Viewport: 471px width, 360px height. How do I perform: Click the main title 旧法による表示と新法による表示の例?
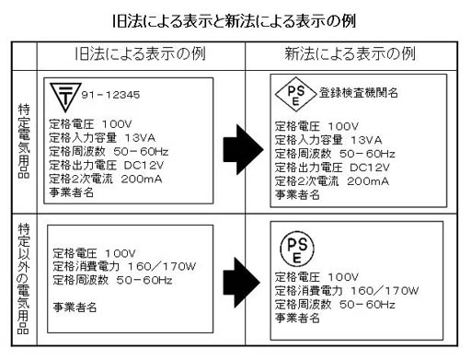tap(234, 19)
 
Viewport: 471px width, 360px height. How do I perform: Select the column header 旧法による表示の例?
tap(138, 54)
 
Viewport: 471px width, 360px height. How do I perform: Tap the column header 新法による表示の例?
tap(350, 54)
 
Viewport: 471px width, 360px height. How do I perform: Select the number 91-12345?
tap(114, 94)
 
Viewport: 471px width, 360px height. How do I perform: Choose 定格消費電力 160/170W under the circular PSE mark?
tap(341, 289)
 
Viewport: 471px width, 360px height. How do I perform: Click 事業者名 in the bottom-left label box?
tap(75, 308)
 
